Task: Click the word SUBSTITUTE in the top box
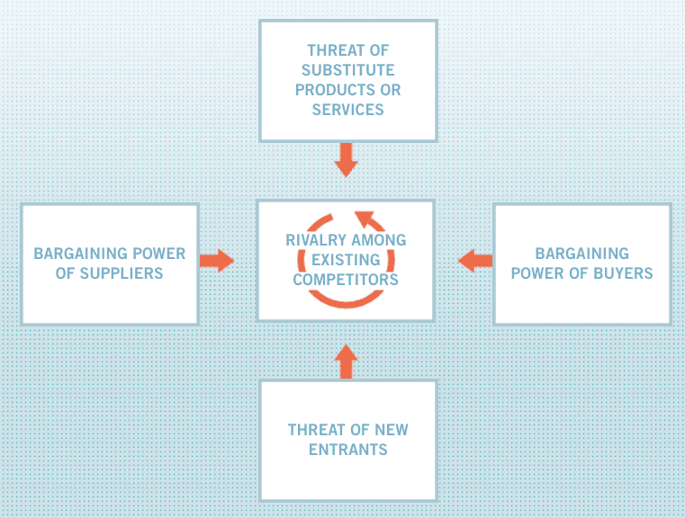pyautogui.click(x=347, y=70)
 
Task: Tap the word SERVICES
pyautogui.click(x=347, y=110)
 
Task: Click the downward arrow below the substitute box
pyautogui.click(x=346, y=160)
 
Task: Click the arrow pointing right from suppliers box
pyautogui.click(x=217, y=261)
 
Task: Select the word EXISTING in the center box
pyautogui.click(x=346, y=260)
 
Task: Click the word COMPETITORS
pyautogui.click(x=346, y=280)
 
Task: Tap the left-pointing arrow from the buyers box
pyautogui.click(x=475, y=261)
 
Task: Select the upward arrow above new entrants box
pyautogui.click(x=346, y=362)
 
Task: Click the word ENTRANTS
pyautogui.click(x=348, y=450)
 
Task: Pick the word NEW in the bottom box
pyautogui.click(x=392, y=430)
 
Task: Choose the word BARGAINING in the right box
pyautogui.click(x=582, y=254)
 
